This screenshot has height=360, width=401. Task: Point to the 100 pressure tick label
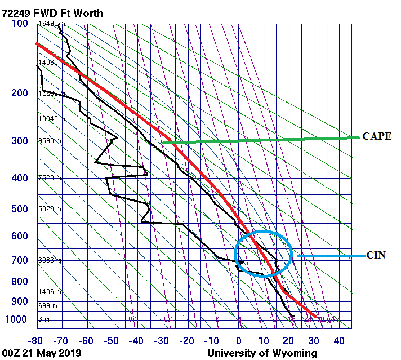pos(19,24)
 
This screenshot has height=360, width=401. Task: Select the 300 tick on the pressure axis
pos(19,141)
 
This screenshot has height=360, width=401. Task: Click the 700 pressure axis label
pos(19,260)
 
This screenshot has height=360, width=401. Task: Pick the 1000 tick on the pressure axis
pos(17,319)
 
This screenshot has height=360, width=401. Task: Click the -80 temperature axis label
pos(36,341)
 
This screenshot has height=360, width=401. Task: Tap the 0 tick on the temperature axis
pos(239,341)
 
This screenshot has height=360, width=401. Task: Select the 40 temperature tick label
pos(339,341)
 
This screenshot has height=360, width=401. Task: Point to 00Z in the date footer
pos(12,353)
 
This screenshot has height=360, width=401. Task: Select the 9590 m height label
pos(50,141)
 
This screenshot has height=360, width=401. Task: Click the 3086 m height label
pos(50,260)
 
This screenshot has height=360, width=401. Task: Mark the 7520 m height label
pos(50,178)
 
